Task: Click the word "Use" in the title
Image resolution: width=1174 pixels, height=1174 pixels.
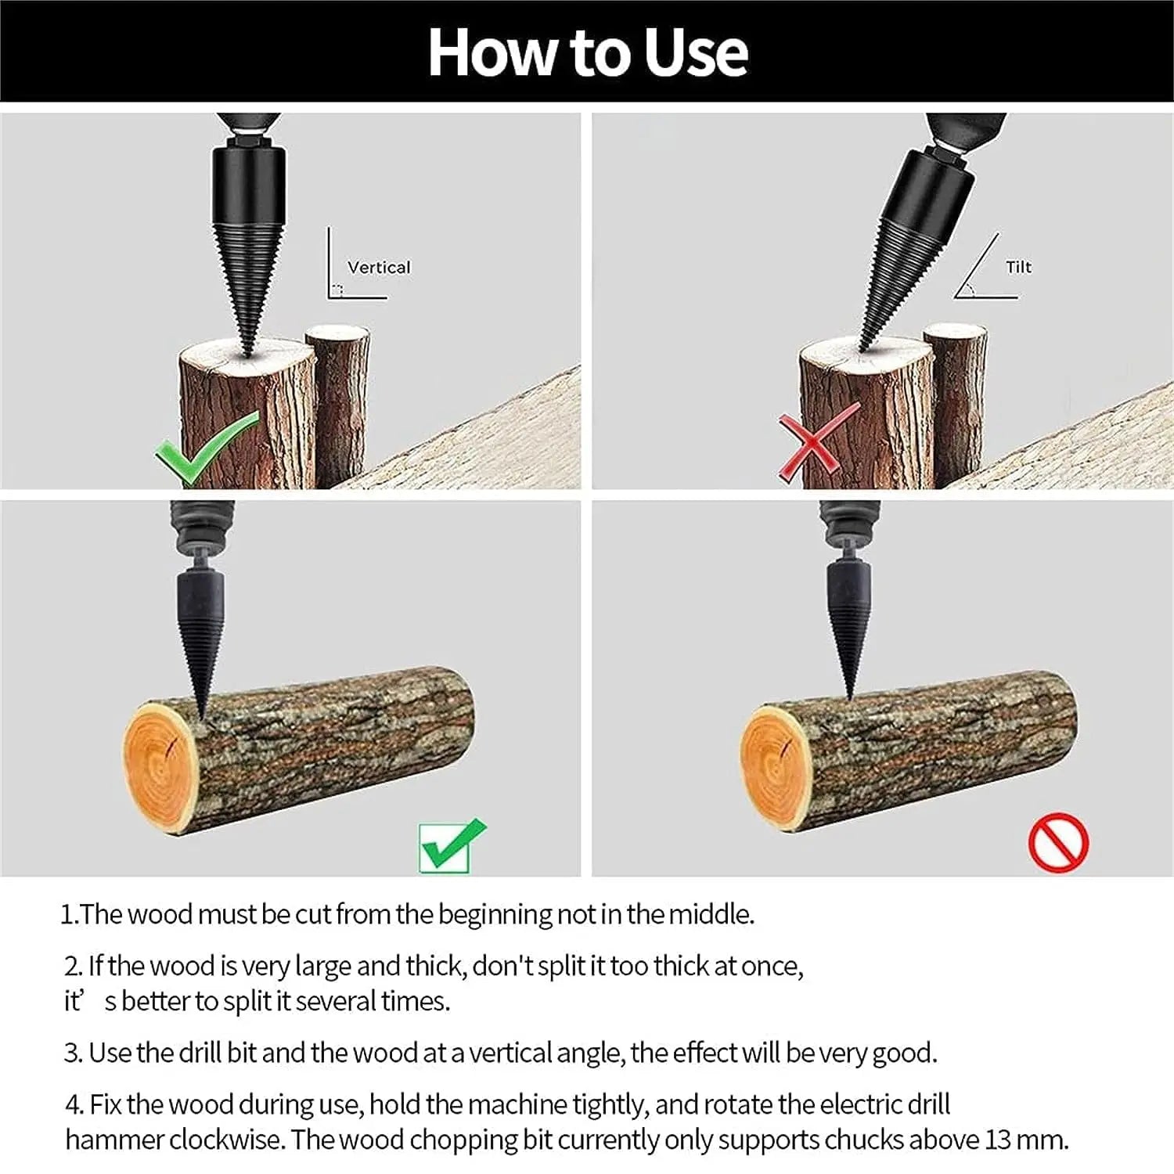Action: coord(695,52)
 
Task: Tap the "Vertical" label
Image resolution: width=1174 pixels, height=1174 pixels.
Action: coord(379,268)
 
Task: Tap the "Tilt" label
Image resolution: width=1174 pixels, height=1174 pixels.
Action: coord(1018,267)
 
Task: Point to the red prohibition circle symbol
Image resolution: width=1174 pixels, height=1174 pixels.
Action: coord(1058,843)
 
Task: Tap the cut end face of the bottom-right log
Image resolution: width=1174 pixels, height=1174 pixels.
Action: coord(775,769)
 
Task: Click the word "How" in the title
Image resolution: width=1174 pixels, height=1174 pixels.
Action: coord(494,52)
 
